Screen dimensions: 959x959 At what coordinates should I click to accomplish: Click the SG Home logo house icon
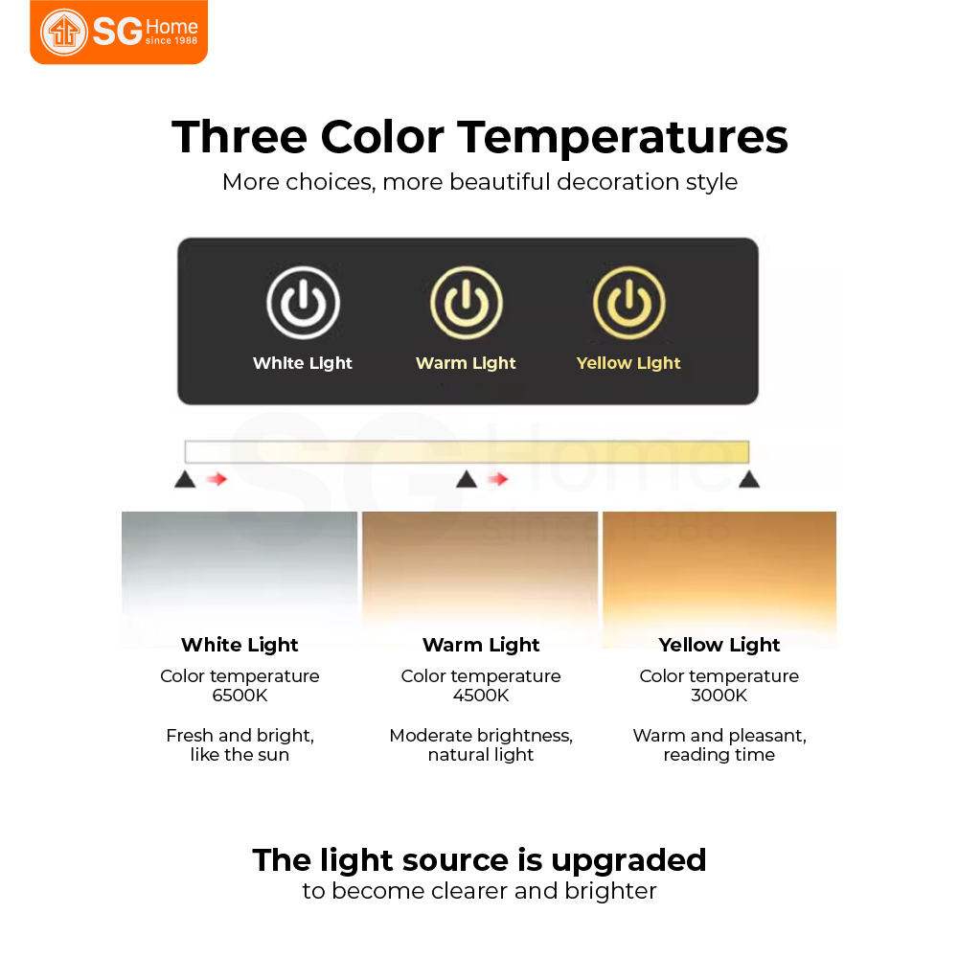pyautogui.click(x=64, y=32)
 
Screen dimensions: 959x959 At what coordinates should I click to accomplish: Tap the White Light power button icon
pyautogui.click(x=304, y=303)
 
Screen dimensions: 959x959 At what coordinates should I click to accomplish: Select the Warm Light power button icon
pyautogui.click(x=466, y=303)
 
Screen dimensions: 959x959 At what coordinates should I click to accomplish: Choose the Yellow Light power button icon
pyautogui.click(x=628, y=303)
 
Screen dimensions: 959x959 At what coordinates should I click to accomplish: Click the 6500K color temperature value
pyautogui.click(x=240, y=696)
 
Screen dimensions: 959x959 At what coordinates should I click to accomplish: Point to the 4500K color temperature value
pyautogui.click(x=481, y=696)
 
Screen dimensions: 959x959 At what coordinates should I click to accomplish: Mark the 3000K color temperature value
pyautogui.click(x=719, y=696)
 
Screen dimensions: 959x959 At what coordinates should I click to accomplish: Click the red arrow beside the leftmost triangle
pyautogui.click(x=217, y=479)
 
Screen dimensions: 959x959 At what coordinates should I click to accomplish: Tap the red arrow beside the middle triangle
pyautogui.click(x=498, y=479)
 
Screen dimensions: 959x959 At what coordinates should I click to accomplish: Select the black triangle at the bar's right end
pyautogui.click(x=749, y=479)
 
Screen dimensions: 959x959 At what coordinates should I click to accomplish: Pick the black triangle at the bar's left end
pyautogui.click(x=185, y=479)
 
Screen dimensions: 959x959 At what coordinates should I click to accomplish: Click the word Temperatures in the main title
pyautogui.click(x=624, y=138)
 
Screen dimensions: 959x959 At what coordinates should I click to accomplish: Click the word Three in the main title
pyautogui.click(x=240, y=136)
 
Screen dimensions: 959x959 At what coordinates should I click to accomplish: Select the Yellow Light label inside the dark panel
pyautogui.click(x=628, y=363)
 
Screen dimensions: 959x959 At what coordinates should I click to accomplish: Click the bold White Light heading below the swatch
pyautogui.click(x=240, y=646)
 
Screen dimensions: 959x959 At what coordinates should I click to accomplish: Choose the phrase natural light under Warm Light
pyautogui.click(x=481, y=755)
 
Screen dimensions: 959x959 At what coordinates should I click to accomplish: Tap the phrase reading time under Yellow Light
pyautogui.click(x=719, y=755)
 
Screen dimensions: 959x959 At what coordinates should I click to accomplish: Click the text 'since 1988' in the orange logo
pyautogui.click(x=171, y=41)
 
